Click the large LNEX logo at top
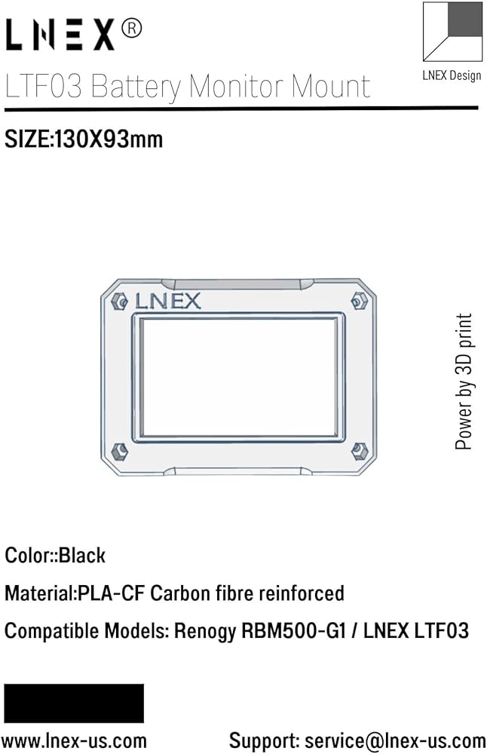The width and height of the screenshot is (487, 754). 60,35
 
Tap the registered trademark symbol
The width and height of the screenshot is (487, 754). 131,29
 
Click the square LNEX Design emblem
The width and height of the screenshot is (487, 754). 452,32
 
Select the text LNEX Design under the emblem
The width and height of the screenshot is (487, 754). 452,75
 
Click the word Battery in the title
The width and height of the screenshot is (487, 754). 136,87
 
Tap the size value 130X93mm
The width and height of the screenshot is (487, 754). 109,139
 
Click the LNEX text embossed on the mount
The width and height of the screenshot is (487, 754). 167,302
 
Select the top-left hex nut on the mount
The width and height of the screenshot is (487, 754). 119,302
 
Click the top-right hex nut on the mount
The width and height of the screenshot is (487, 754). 359,302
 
